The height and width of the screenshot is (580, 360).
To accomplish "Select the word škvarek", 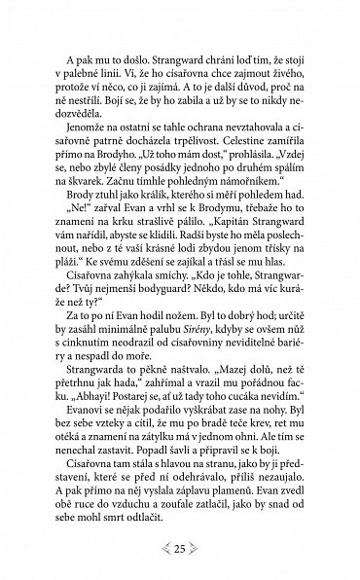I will pyautogui.click(x=79, y=171).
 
